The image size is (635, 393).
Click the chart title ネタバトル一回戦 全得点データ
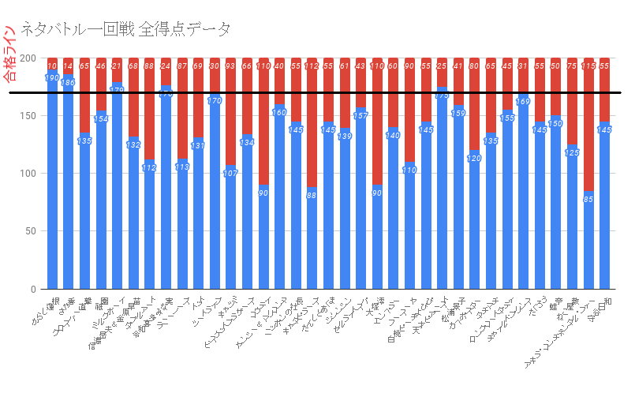tap(126, 30)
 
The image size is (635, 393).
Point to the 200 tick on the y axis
tap(28, 58)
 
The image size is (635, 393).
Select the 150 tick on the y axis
tap(28, 116)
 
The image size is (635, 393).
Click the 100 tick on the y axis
tap(28, 174)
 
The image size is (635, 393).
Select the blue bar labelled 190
tap(53, 182)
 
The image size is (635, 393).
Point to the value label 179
tap(118, 90)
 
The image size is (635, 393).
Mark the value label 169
tap(523, 102)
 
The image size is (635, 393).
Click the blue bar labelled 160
tap(280, 197)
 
